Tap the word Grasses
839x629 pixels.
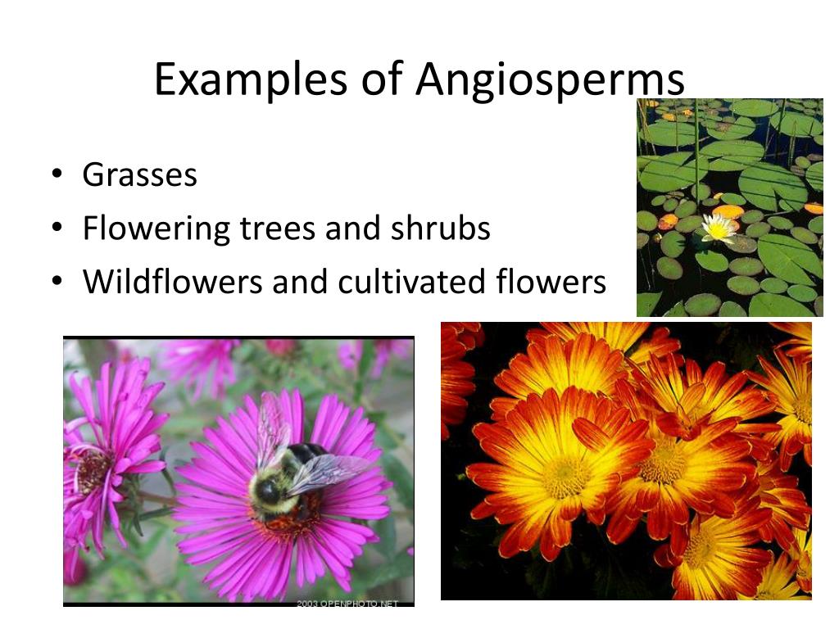click(x=139, y=175)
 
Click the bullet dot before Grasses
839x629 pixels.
click(x=56, y=174)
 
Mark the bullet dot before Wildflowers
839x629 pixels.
click(x=56, y=282)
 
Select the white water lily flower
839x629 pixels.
click(x=719, y=229)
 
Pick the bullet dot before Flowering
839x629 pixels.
click(x=56, y=229)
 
